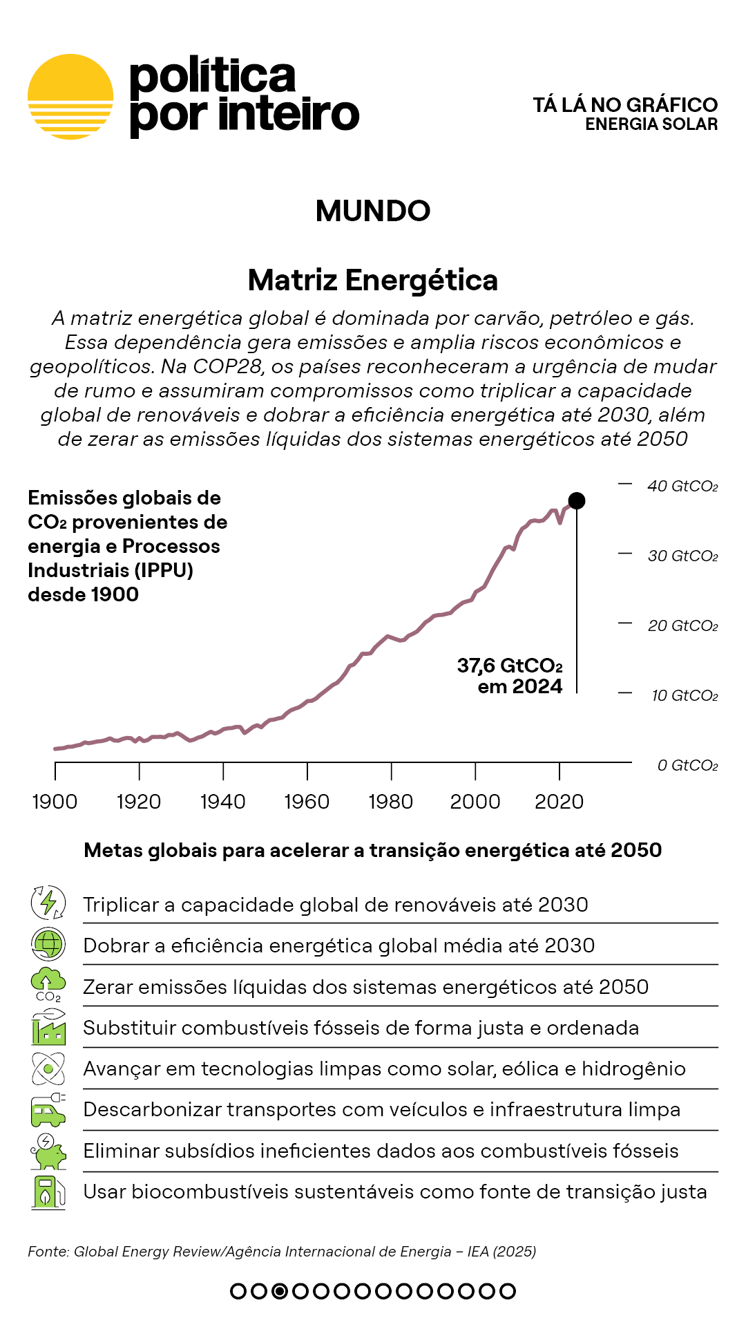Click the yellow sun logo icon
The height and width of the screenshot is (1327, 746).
[70, 97]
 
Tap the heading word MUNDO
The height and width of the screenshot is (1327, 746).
[373, 211]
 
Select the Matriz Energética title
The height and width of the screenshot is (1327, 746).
[373, 280]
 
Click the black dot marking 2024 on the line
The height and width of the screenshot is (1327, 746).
[577, 500]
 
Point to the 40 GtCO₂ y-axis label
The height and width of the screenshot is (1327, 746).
[682, 486]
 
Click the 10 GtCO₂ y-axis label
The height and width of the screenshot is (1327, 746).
[685, 695]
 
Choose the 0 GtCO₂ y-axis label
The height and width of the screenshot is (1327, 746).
[687, 765]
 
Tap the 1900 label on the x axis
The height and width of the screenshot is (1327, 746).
[55, 802]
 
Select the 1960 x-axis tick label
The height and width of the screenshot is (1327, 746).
[307, 802]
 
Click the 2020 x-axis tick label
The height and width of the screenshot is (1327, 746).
[559, 802]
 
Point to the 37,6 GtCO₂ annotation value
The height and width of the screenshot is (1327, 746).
[510, 666]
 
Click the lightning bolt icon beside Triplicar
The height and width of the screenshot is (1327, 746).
[48, 903]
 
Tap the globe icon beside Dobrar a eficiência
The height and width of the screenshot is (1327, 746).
[48, 944]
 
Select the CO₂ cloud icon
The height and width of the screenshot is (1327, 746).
[48, 984]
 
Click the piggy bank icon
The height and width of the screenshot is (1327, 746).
[48, 1151]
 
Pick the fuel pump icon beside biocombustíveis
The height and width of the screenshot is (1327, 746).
[48, 1192]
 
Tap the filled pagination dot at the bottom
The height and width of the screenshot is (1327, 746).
[280, 1291]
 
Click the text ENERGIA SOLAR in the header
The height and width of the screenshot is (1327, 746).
[651, 124]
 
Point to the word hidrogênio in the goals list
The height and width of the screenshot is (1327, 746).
[633, 1069]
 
